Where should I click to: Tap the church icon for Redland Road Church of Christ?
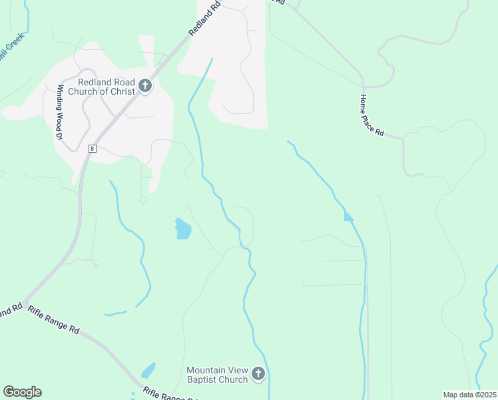(145, 87)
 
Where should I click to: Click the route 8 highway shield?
(92, 149)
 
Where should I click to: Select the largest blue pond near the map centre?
(182, 229)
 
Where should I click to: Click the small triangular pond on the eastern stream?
(348, 217)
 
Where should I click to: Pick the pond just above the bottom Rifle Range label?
(148, 370)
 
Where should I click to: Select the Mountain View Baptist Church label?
(217, 375)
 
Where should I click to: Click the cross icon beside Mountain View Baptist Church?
(258, 375)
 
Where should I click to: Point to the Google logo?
(22, 392)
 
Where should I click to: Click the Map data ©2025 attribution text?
(469, 395)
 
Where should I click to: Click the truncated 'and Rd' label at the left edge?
(11, 311)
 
